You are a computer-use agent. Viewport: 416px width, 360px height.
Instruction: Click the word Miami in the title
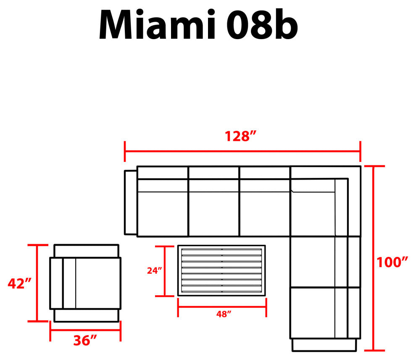pos(157,25)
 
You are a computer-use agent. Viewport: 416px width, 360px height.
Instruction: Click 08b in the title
pos(262,25)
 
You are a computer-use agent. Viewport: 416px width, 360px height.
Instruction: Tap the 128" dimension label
pos(241,136)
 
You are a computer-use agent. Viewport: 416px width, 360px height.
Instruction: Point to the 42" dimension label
pos(20,283)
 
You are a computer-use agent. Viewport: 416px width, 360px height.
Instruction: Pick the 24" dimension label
pos(154,270)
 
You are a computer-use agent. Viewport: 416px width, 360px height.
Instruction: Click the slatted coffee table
pos(221,270)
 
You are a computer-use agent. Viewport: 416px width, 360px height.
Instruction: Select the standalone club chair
pos(85,283)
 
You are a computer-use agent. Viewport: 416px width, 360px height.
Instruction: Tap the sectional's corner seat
pos(326,201)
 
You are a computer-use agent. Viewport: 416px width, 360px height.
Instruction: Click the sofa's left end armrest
pos(131,203)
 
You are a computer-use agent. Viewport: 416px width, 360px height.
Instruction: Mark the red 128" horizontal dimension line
pos(242,151)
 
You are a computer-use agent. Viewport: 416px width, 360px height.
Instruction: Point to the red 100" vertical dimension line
pos(374,258)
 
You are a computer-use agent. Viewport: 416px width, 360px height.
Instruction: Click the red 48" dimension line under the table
pos(222,307)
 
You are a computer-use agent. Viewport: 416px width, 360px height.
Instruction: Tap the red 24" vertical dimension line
pos(165,271)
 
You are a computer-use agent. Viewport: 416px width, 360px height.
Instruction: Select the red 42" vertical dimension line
pos(37,283)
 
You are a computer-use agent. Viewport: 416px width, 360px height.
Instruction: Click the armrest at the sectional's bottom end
pos(324,345)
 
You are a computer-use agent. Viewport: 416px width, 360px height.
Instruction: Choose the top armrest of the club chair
pos(87,251)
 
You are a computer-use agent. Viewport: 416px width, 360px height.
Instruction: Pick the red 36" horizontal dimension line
pos(85,331)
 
